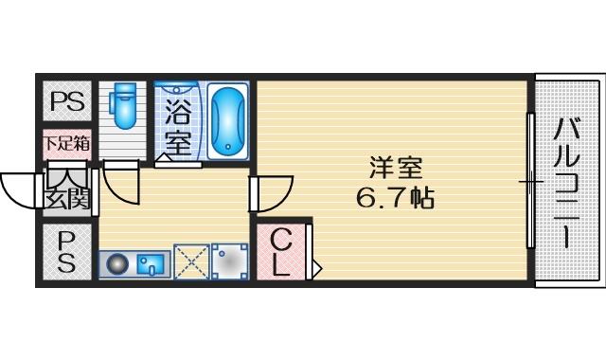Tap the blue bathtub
pos(228,121)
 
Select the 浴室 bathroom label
pos(178,127)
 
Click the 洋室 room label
pos(396,168)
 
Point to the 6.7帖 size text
pos(395,198)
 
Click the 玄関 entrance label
pos(67,199)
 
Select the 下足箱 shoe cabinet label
pos(67,143)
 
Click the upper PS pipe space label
pos(67,102)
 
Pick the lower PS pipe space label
pos(66,252)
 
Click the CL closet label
pos(280,252)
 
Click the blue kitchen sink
pos(151,264)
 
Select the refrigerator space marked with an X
pos(191,261)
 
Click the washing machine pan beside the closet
pos(230,261)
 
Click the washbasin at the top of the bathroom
pos(177,89)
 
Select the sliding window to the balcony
pos(531,181)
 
